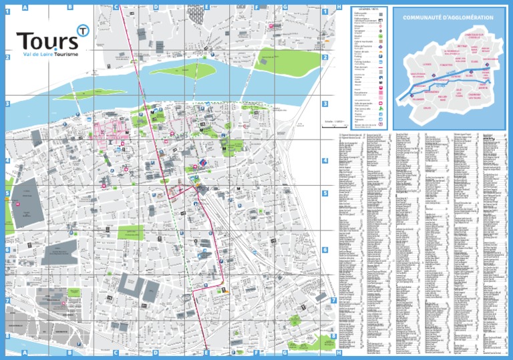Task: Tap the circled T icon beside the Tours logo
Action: (83, 30)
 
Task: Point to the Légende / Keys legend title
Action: (368, 9)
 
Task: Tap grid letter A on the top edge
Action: (25, 7)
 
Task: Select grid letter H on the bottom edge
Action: (339, 352)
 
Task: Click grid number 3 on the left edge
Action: (7, 104)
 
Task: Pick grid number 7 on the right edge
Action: (333, 301)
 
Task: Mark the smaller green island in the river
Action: (100, 94)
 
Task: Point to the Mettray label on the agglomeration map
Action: (462, 46)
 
